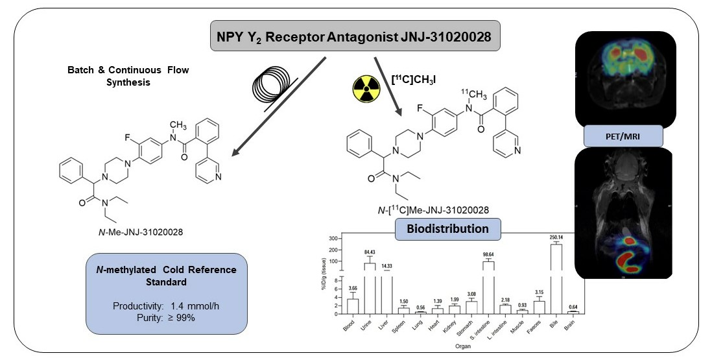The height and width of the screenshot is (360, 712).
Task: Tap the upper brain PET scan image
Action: tap(625, 77)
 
